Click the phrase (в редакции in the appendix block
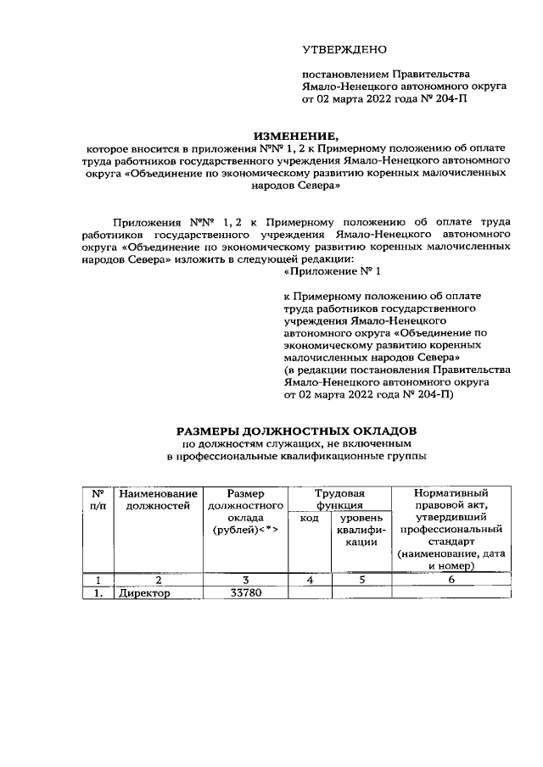316,370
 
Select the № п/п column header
98,499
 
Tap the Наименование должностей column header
159,499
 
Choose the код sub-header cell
310,518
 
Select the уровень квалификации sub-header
361,530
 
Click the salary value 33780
245,593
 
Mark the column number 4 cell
310,581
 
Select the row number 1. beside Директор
98,593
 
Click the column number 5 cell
361,581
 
